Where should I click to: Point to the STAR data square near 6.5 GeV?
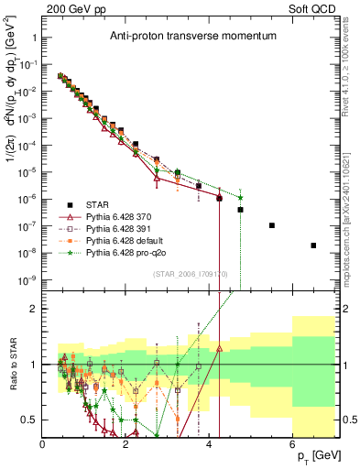pyautogui.click(x=313, y=245)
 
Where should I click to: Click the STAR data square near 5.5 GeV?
pyautogui.click(x=271, y=225)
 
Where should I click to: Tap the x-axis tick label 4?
pyautogui.click(x=210, y=444)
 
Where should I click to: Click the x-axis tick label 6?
pyautogui.click(x=293, y=444)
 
